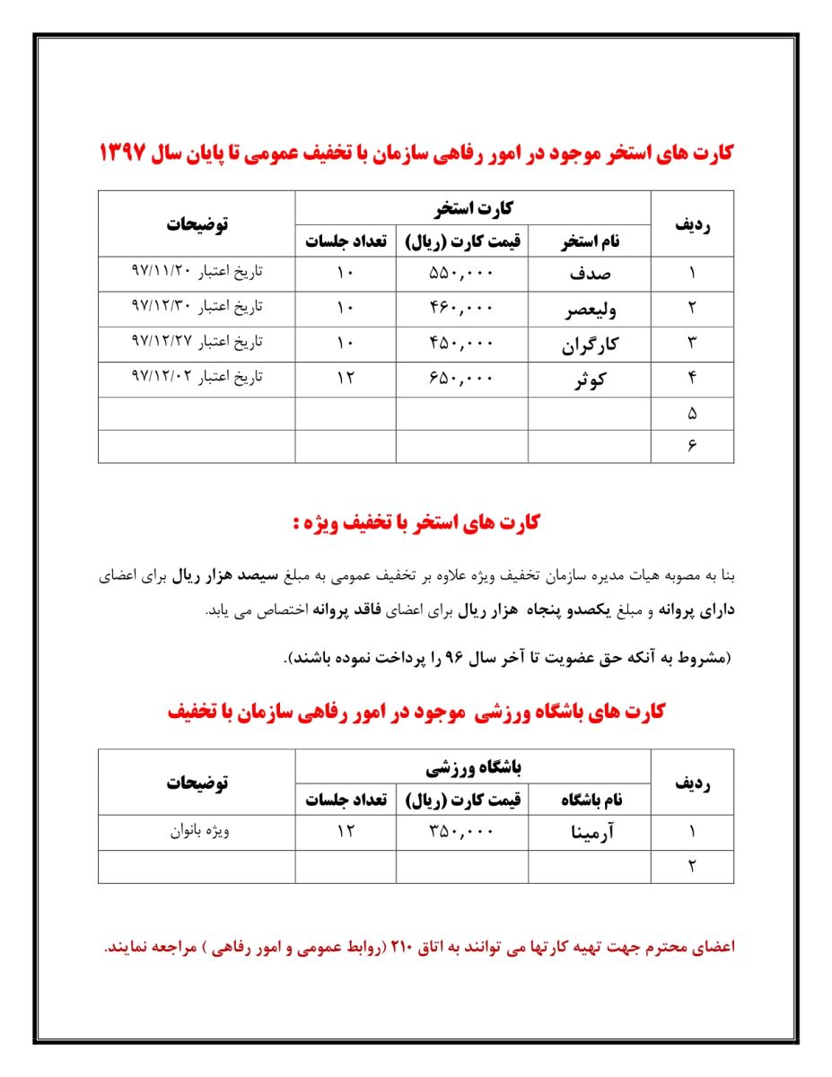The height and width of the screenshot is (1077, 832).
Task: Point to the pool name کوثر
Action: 590,380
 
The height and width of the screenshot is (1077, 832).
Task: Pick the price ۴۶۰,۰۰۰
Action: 461,308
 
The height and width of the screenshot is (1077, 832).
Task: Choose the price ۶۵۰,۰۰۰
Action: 461,378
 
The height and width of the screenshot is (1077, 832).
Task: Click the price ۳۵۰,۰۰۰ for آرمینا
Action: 461,831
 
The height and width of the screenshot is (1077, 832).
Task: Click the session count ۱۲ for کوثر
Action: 346,378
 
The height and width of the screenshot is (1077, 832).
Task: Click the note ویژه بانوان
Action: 201,830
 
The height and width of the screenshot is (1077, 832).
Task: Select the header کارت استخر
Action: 473,208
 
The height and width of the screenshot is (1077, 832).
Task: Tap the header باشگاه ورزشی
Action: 473,767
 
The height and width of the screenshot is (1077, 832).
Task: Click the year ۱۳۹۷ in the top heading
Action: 128,152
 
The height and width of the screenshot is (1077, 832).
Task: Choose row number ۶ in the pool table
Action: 692,447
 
